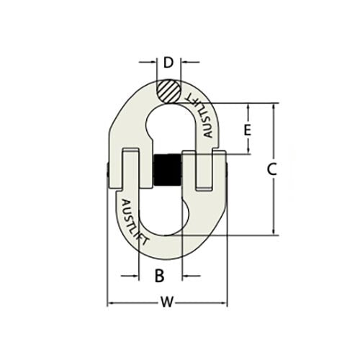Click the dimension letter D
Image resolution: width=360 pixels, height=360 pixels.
click(168, 63)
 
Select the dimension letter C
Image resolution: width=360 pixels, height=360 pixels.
click(271, 169)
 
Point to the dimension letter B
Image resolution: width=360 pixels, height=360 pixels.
click(161, 274)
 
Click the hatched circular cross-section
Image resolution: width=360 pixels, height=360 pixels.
click(168, 92)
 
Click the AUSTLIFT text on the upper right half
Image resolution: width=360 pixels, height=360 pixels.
click(202, 115)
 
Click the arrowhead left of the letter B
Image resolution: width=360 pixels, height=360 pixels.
click(135, 274)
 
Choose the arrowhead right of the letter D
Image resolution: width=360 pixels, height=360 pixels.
click(185, 63)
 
